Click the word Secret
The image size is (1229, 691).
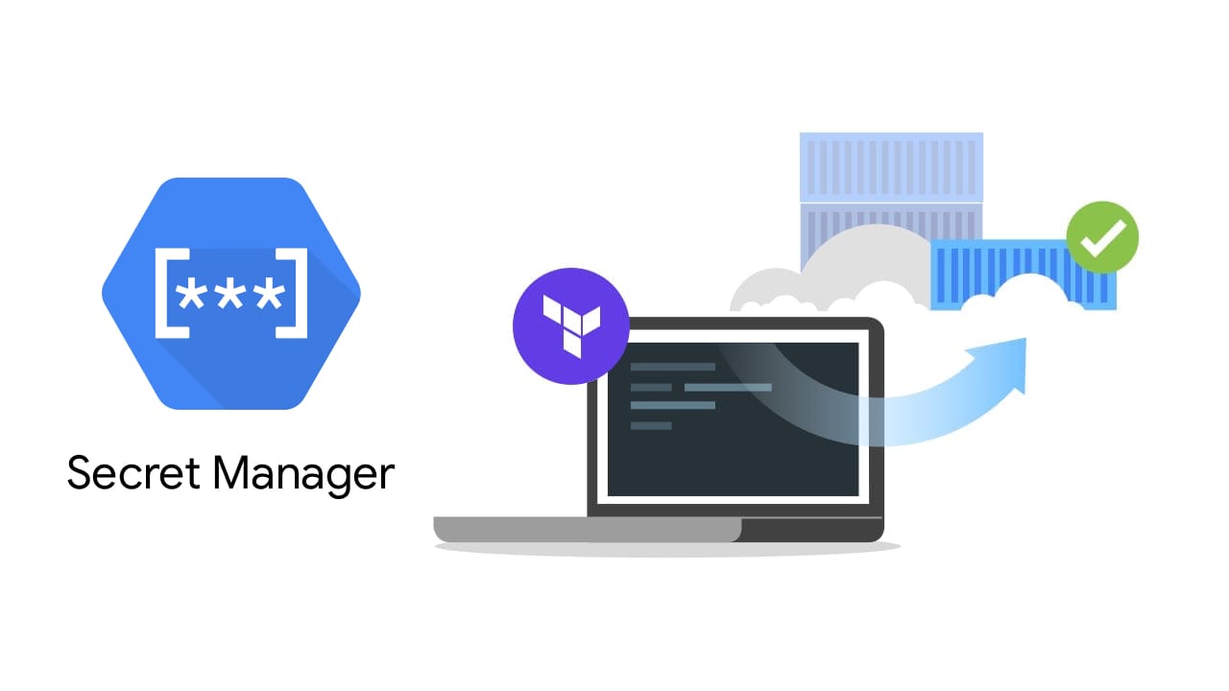(133, 472)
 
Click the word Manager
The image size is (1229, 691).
(303, 475)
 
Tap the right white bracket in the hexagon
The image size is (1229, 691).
(291, 293)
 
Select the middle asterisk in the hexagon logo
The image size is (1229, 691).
(230, 295)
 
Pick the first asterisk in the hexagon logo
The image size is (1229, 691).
(191, 295)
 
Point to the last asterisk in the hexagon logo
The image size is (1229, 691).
(270, 295)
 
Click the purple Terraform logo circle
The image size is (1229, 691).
(570, 325)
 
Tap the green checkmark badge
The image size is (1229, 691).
(1102, 237)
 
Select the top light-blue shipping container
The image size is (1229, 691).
(891, 167)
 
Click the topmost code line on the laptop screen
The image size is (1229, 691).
(673, 367)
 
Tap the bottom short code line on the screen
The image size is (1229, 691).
(651, 425)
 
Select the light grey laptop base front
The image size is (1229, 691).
(587, 529)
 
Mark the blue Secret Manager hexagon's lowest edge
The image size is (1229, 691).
(231, 407)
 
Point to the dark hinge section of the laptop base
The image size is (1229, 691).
(812, 530)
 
